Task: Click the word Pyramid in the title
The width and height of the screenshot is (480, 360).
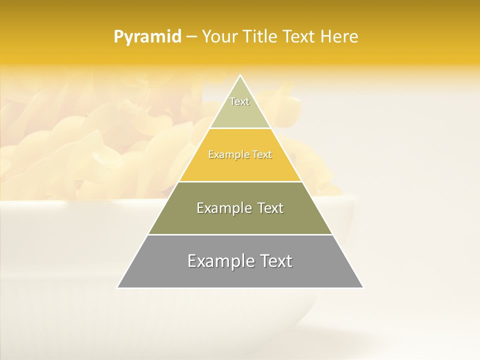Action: [147, 37]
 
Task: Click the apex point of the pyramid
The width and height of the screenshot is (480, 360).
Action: [240, 75]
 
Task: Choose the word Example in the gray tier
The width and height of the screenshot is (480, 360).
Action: [220, 261]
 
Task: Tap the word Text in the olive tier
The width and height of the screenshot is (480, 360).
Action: [270, 208]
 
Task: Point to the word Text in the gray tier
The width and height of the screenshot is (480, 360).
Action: [274, 261]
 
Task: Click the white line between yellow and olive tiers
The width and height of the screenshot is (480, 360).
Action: [240, 181]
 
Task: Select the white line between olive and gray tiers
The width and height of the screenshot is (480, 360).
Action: [240, 234]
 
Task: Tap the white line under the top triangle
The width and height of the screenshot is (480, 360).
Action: [240, 128]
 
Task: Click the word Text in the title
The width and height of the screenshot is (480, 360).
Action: [299, 37]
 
